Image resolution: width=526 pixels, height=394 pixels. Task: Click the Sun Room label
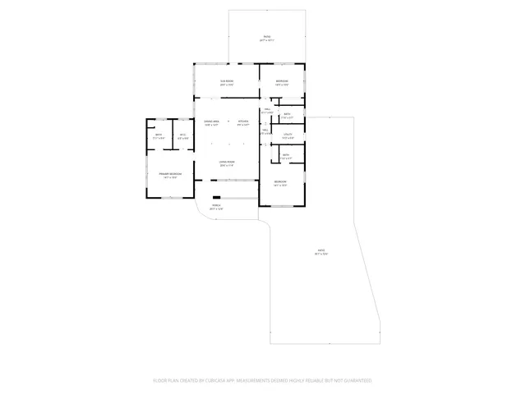[x=227, y=80]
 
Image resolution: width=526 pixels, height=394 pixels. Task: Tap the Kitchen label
[x=243, y=121]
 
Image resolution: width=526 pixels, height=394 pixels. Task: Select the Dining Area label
[x=211, y=121]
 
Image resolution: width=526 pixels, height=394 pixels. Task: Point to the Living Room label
[x=227, y=162]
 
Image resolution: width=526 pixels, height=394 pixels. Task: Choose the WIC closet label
[x=183, y=135]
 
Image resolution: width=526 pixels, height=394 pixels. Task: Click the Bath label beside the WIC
[x=159, y=135]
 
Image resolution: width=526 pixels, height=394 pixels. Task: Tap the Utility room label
[x=288, y=134]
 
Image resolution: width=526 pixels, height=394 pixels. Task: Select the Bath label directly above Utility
[x=288, y=114]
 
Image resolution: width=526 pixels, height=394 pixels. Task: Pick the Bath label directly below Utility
[x=285, y=154]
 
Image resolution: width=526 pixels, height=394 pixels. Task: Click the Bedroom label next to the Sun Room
[x=282, y=80]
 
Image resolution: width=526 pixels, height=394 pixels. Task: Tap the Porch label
[x=217, y=205]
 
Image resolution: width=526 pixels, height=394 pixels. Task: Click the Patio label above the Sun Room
[x=267, y=37]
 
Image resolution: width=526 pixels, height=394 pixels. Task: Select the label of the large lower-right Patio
[x=321, y=250]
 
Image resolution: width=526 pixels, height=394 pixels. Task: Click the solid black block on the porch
[x=216, y=198]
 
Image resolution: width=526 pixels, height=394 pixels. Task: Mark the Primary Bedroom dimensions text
[x=171, y=178]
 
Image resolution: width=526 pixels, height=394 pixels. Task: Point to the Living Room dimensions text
[x=227, y=166]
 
